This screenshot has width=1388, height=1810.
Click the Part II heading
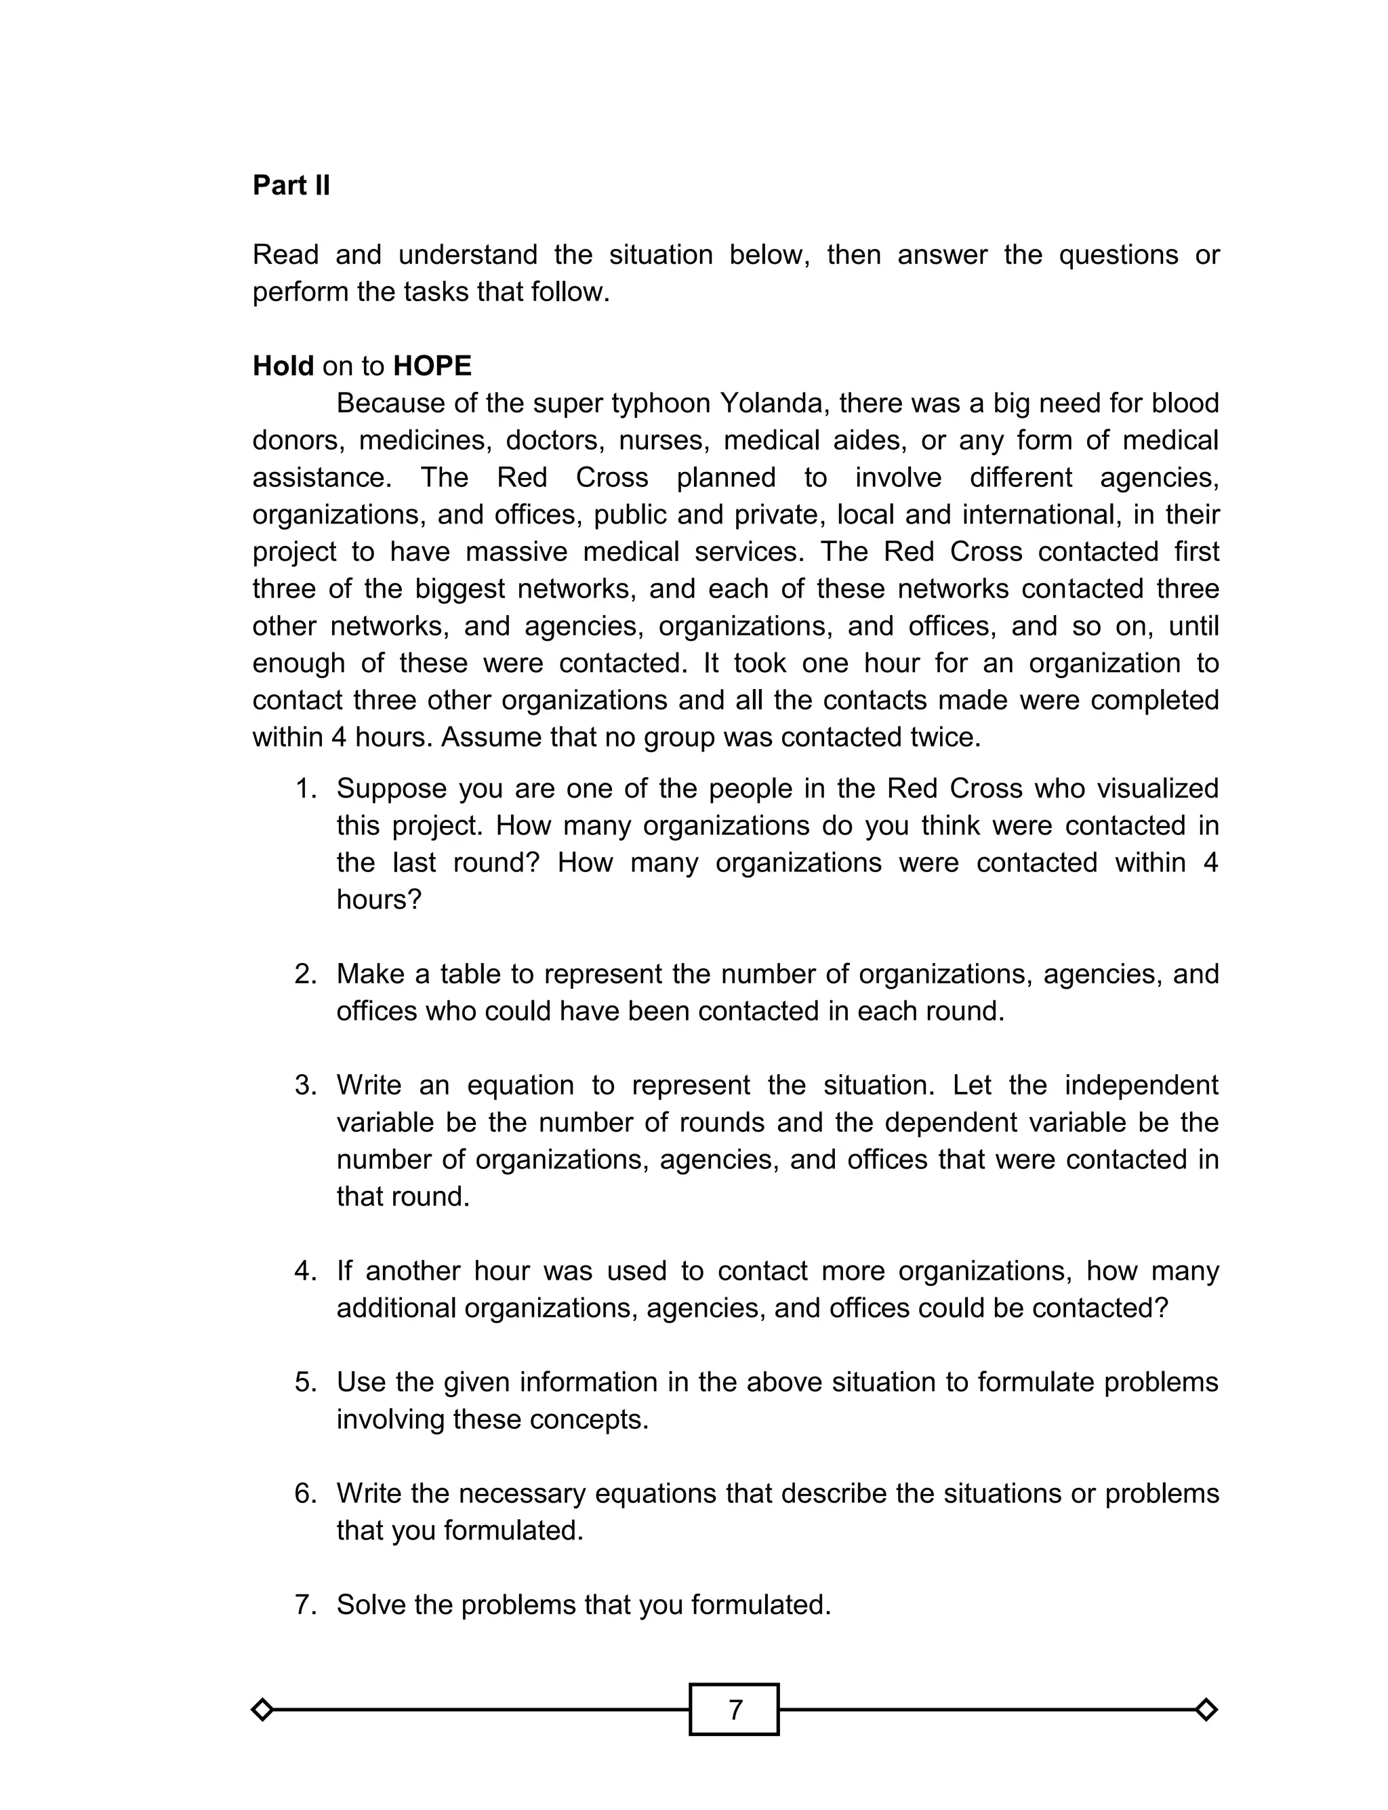[x=291, y=185]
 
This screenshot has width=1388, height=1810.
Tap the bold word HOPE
[x=432, y=366]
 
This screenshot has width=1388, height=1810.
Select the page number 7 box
[x=734, y=1709]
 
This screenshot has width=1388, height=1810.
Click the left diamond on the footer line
[x=262, y=1709]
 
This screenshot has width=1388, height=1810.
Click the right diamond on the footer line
[x=1206, y=1709]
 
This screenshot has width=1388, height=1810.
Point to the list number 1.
[x=305, y=789]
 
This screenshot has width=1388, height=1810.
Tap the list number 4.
[x=305, y=1270]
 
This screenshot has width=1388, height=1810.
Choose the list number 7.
[x=305, y=1605]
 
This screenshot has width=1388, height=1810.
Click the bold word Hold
[x=283, y=366]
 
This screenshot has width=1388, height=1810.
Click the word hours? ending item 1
[x=378, y=899]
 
